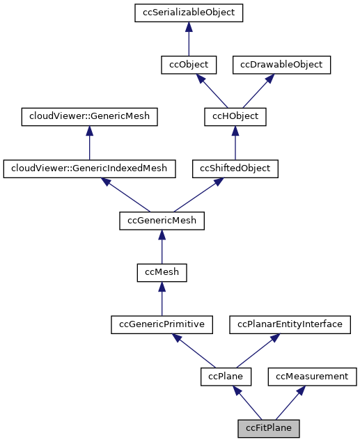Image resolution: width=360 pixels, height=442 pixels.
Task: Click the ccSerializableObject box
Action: [x=188, y=13]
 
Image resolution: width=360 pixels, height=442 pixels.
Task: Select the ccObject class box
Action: [x=188, y=65]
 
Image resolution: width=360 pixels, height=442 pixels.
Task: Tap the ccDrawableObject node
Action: [x=281, y=65]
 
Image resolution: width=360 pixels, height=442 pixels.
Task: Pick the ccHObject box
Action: [x=235, y=116]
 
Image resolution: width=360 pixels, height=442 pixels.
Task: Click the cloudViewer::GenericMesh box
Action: [x=89, y=116]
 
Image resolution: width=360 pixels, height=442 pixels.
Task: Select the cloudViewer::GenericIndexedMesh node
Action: [x=89, y=168]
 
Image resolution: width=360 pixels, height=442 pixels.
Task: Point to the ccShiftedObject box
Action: [x=235, y=168]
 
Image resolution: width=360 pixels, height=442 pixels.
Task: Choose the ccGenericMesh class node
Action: [x=162, y=221]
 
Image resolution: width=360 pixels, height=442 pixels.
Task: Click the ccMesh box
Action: [x=162, y=272]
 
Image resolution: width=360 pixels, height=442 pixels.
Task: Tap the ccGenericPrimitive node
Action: [x=162, y=324]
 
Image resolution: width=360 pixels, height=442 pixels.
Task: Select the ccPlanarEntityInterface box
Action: [x=290, y=324]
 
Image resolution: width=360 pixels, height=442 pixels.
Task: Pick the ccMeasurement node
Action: [x=312, y=377]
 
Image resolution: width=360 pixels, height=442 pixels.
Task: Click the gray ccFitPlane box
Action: [x=268, y=428]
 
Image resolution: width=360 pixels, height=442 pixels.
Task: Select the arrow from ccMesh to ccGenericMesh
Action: [x=162, y=247]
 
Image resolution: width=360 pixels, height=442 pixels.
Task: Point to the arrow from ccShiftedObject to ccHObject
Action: [x=235, y=143]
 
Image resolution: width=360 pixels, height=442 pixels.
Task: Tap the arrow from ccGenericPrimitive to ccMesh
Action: [x=162, y=299]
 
